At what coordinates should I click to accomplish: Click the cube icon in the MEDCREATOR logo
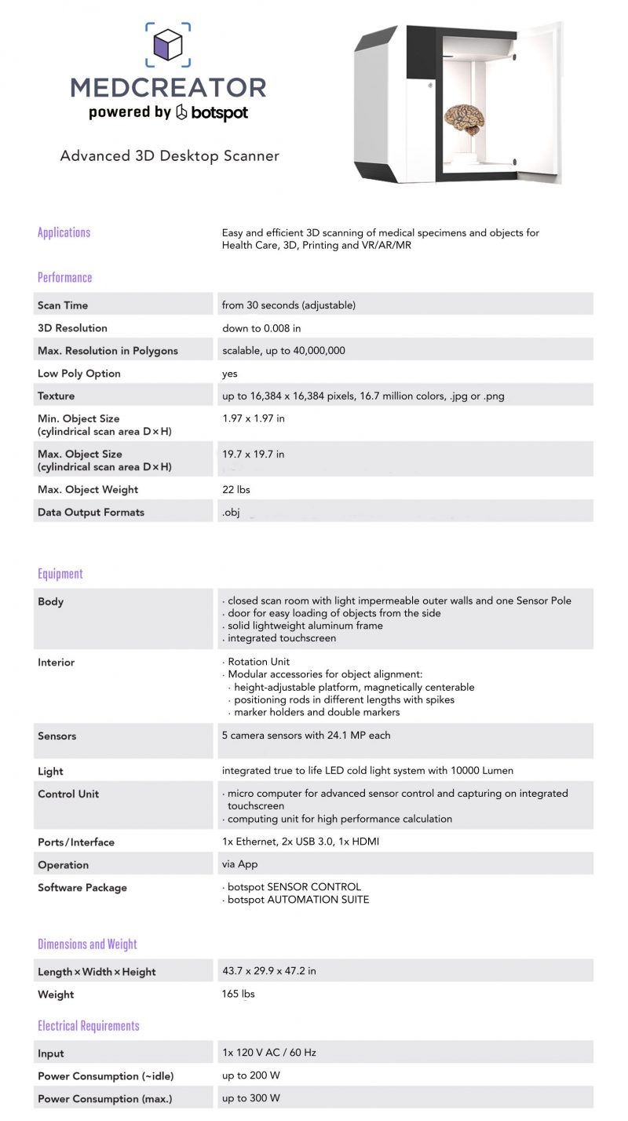[x=167, y=46]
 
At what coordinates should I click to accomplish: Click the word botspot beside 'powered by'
[x=212, y=112]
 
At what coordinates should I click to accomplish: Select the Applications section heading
[x=64, y=232]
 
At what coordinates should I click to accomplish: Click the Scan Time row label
[x=63, y=305]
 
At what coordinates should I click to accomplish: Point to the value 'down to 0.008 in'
[x=261, y=328]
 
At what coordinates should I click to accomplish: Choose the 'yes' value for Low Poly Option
[x=229, y=374]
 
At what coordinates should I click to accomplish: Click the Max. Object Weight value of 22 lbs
[x=235, y=490]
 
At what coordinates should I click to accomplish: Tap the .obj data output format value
[x=231, y=513]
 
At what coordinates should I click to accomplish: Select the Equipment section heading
[x=60, y=574]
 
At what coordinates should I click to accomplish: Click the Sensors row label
[x=57, y=736]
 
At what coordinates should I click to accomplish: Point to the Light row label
[x=50, y=772]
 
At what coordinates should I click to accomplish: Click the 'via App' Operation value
[x=240, y=865]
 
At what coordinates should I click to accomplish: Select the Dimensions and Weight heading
[x=87, y=944]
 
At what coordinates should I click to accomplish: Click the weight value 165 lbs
[x=239, y=995]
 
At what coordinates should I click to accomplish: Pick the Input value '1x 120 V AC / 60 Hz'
[x=269, y=1053]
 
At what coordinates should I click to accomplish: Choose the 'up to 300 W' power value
[x=251, y=1098]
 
